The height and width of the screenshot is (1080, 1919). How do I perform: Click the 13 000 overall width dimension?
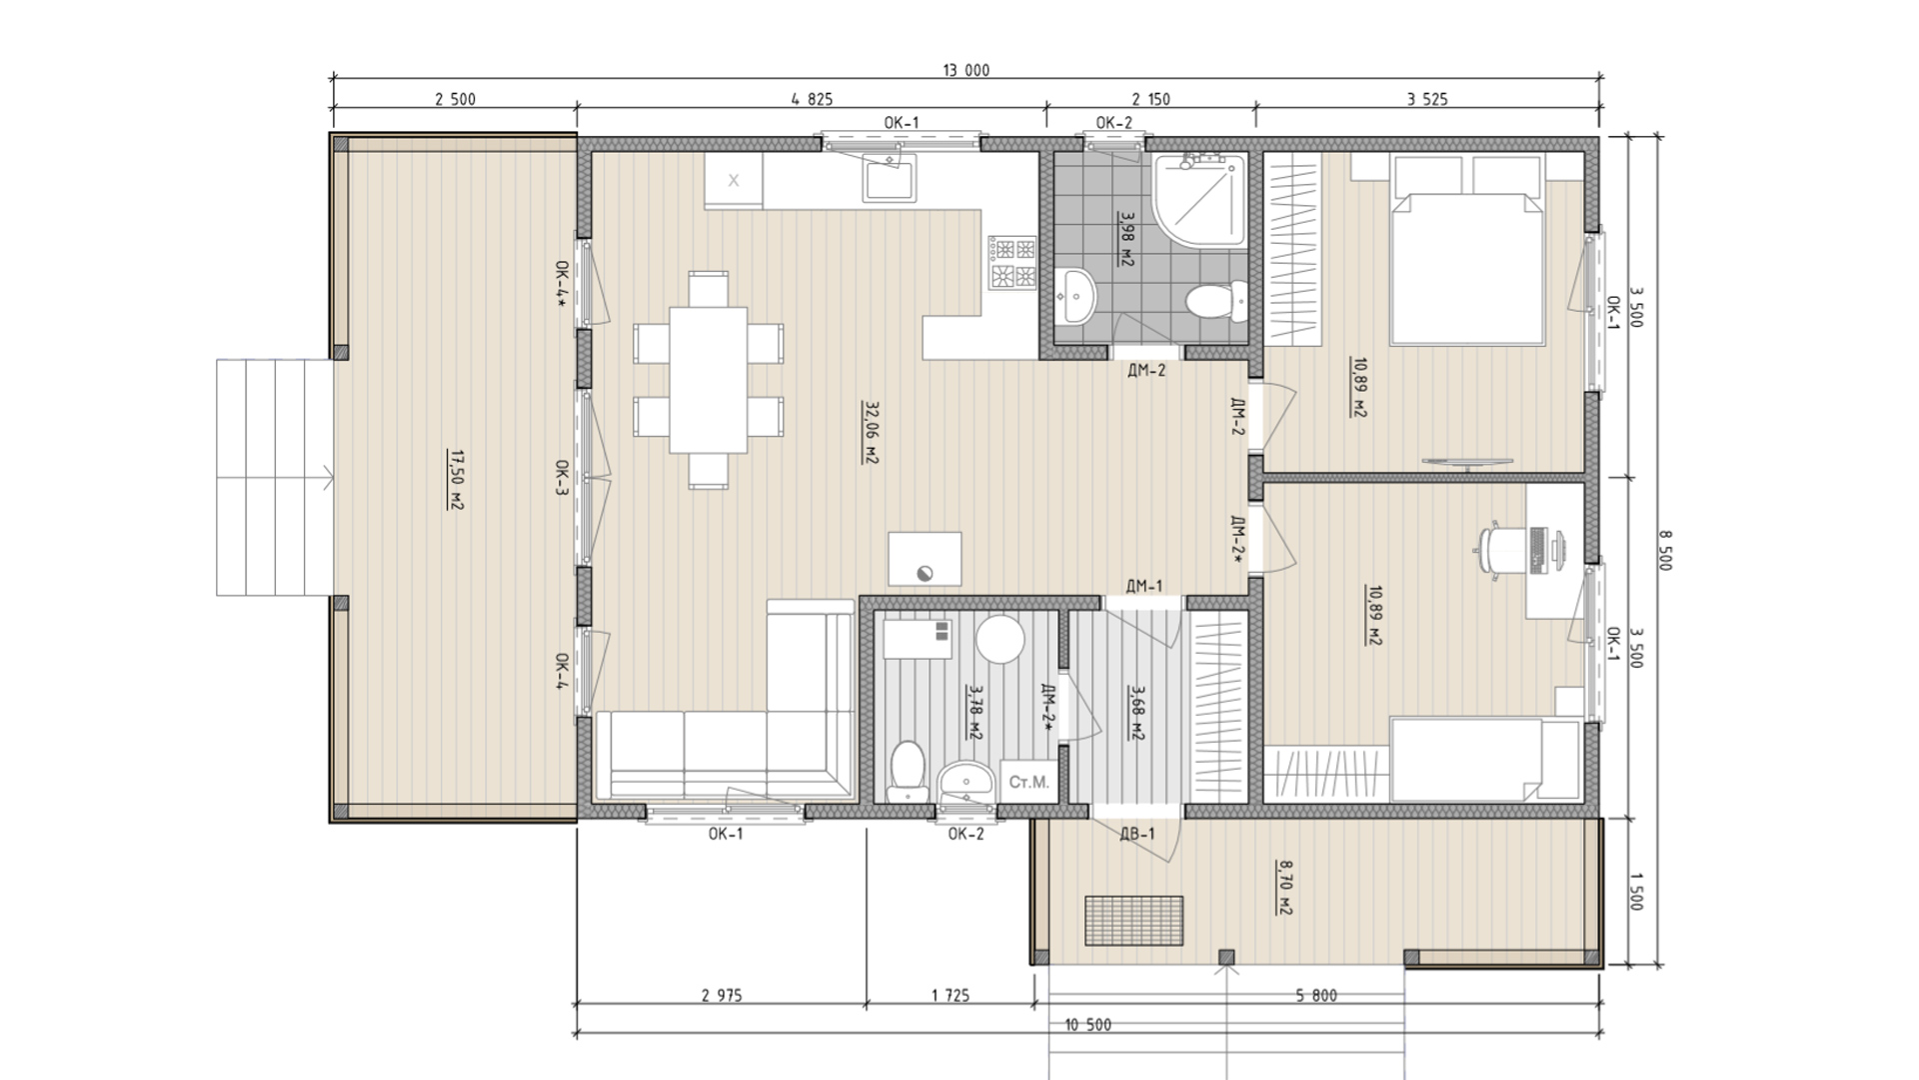coord(965,70)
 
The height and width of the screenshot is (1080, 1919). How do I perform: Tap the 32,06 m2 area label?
coord(871,433)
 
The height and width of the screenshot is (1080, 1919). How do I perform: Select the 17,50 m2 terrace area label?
coord(456,480)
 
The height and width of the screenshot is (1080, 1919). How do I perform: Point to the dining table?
coord(709,380)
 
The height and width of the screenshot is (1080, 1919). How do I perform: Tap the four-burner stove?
coord(1013,263)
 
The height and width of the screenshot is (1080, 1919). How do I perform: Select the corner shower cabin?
coord(1199,199)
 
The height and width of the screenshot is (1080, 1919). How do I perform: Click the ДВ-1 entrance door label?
coord(1137,834)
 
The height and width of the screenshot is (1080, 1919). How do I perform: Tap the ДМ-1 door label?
coord(1144,586)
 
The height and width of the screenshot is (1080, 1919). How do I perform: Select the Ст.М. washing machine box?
coord(1028,782)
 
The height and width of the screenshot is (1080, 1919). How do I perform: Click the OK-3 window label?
coord(562,478)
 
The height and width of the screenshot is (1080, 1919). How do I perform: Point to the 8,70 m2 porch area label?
coord(1284,888)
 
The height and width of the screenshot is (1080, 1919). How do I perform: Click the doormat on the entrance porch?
coord(1134,919)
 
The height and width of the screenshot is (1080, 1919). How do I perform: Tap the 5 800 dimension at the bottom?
coord(1316,995)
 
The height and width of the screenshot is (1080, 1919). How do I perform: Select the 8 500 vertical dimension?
coord(1664,550)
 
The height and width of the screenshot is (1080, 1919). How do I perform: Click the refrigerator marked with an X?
coord(734,181)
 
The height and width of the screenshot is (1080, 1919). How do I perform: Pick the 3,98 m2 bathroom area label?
coord(1126,237)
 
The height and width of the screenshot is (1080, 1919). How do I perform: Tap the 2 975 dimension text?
coord(722,995)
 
